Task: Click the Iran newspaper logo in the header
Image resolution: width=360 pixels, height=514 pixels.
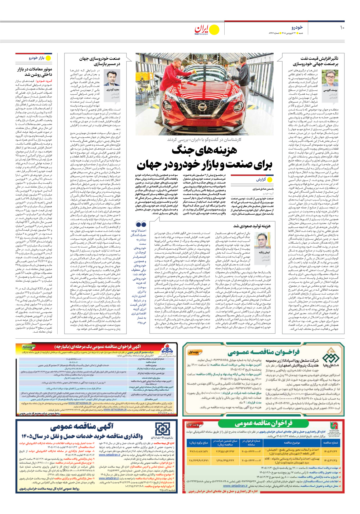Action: click(201, 30)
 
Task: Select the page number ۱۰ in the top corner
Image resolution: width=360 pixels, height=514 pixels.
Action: click(342, 28)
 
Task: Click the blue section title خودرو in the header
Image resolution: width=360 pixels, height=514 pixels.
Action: click(297, 27)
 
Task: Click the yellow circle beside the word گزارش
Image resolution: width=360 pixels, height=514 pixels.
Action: click(270, 180)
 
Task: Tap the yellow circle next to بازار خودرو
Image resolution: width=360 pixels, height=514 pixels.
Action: click(48, 58)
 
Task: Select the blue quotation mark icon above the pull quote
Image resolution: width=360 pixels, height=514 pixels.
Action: click(141, 224)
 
